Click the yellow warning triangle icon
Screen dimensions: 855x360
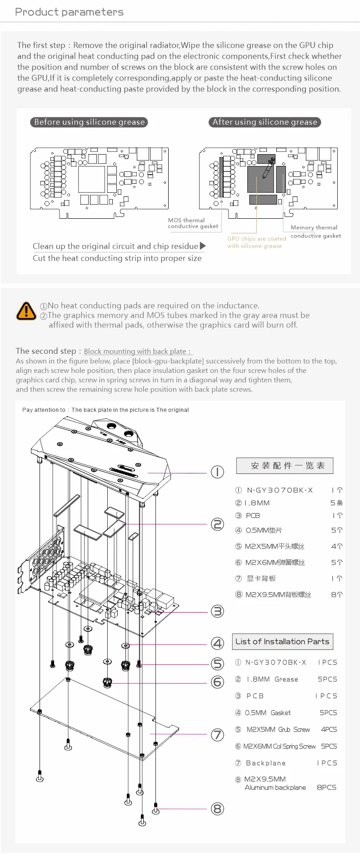pyautogui.click(x=26, y=311)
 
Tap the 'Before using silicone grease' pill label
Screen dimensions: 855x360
pyautogui.click(x=89, y=122)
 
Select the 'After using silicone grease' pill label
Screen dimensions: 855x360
pyautogui.click(x=265, y=122)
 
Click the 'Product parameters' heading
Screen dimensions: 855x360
pyautogui.click(x=69, y=12)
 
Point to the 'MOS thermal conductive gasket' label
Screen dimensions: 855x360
pyautogui.click(x=193, y=223)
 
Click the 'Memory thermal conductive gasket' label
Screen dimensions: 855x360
pyautogui.click(x=315, y=231)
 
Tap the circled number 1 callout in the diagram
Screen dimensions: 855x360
pyautogui.click(x=217, y=472)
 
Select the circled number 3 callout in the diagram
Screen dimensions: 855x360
pyautogui.click(x=218, y=611)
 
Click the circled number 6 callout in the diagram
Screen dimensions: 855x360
pyautogui.click(x=218, y=682)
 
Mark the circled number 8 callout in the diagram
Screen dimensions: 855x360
pyautogui.click(x=218, y=809)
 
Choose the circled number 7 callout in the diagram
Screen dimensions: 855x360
pyautogui.click(x=218, y=734)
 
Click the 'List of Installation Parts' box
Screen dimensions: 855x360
pyautogui.click(x=282, y=642)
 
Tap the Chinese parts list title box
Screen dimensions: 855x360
pyautogui.click(x=285, y=466)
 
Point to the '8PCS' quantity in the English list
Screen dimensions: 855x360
pyautogui.click(x=326, y=787)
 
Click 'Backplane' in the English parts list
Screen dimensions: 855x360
pyautogui.click(x=266, y=763)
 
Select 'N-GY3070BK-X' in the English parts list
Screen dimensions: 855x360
pyautogui.click(x=276, y=663)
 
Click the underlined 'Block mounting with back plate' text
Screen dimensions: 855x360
pyautogui.click(x=137, y=352)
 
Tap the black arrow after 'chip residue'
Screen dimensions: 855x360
pyautogui.click(x=203, y=246)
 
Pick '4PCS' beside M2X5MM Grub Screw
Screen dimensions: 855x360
pyautogui.click(x=329, y=729)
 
